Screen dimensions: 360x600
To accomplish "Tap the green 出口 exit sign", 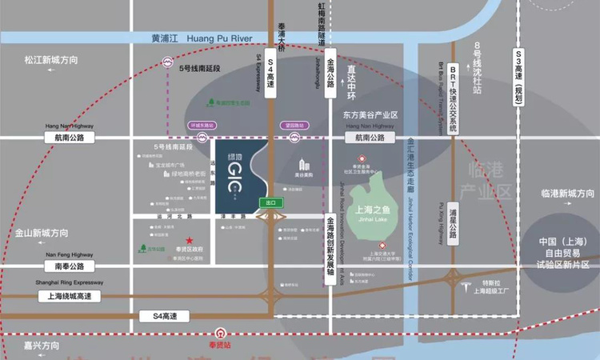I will pyautogui.click(x=270, y=203).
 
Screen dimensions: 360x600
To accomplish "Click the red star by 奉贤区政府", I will pyautogui.click(x=190, y=239).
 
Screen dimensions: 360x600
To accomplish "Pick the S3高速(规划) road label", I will pyautogui.click(x=518, y=76).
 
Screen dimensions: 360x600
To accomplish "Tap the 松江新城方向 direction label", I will pyautogui.click(x=51, y=60).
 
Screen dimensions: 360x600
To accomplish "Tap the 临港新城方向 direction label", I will pyautogui.click(x=567, y=194).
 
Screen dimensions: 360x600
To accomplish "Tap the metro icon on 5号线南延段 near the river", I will pyautogui.click(x=169, y=61).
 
